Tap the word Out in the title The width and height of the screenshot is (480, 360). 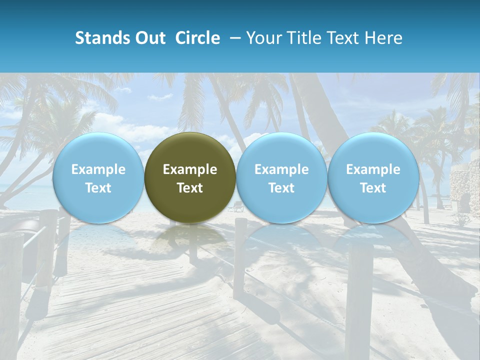pos(149,38)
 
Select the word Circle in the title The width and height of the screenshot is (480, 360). pos(197,38)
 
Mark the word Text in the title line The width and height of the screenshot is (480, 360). pos(342,38)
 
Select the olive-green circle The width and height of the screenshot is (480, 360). pos(190,177)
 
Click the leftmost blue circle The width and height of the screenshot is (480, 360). pos(98,177)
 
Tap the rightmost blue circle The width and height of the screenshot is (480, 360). pos(373,177)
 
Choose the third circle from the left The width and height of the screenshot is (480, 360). pos(281,177)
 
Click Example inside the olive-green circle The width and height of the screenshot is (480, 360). pos(190,169)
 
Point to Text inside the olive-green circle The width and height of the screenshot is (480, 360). pos(190,187)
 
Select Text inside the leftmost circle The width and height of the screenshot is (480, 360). pos(98,187)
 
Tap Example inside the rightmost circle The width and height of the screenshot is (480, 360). pos(373,169)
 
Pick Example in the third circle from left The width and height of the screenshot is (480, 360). pos(281,169)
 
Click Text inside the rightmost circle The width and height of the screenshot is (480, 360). pos(373,187)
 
